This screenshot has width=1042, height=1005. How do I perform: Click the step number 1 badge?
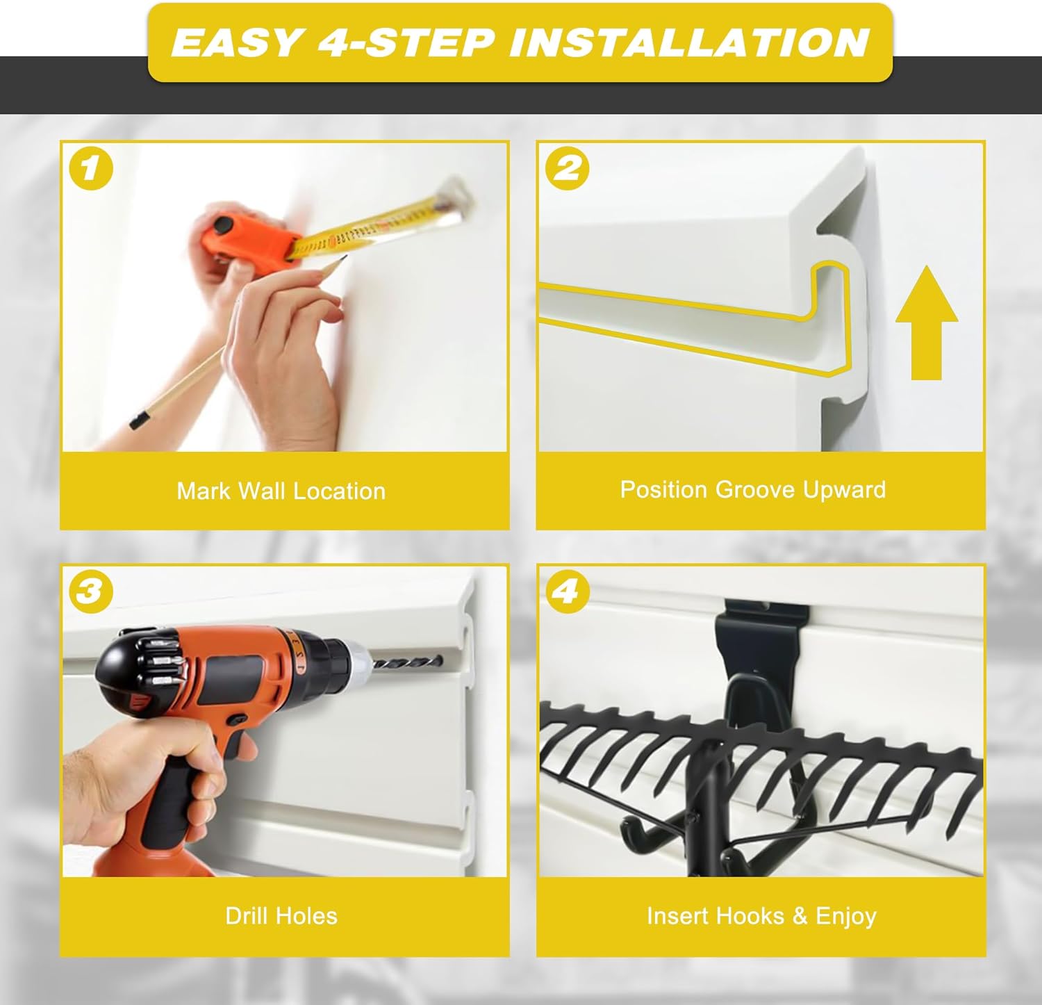point(91,168)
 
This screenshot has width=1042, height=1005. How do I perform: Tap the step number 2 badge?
point(567,168)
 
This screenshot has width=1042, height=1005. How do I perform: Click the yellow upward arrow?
point(927,322)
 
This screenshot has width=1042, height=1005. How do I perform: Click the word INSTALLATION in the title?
point(690,42)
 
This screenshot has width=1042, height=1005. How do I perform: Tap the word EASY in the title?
point(236,42)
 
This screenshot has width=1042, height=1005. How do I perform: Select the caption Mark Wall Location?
point(281,491)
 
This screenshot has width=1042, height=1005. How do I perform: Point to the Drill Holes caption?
point(281,915)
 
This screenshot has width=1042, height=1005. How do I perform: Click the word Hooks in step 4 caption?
point(744,915)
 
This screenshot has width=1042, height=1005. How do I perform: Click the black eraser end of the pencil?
point(139,419)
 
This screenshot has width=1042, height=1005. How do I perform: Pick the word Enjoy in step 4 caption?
point(846,916)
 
